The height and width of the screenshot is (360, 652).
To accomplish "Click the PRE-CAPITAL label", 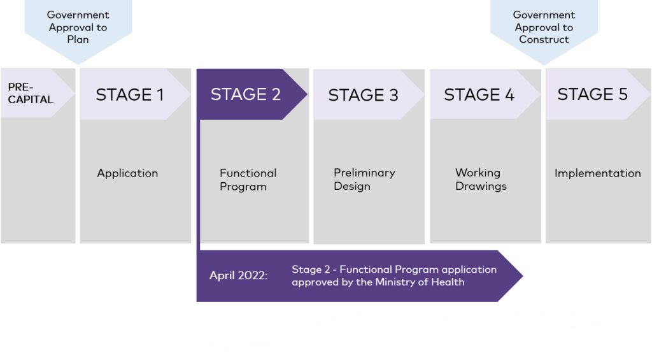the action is coord(31,93).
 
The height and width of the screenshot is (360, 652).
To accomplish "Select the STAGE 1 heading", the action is coord(130,95).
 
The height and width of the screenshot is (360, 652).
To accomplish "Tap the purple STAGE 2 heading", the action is coord(245,94).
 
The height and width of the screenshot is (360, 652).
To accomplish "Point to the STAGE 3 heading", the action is coord(363,96).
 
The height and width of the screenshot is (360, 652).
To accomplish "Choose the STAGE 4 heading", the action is coord(479,95).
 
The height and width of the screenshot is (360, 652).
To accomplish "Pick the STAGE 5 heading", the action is coord(593,94).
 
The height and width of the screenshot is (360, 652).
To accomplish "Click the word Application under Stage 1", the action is coord(127,173).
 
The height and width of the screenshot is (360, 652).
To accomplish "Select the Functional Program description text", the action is coord(248,180).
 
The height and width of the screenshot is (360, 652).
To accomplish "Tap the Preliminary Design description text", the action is coord(364,180).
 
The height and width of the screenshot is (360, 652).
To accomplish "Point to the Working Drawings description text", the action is coord(481,180).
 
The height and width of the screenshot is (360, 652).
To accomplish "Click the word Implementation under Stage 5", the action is coord(597,173).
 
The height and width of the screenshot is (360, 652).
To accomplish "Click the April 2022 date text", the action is coord(239,275).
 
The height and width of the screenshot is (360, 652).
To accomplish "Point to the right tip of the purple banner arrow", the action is coord(523,276).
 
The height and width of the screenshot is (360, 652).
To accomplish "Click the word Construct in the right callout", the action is coord(544,40).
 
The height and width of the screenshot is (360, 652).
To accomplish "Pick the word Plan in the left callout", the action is coord(78,40).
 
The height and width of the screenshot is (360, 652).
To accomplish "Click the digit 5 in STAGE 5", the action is coord(623,94).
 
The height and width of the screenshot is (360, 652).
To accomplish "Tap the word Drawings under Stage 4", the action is coord(481,186).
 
